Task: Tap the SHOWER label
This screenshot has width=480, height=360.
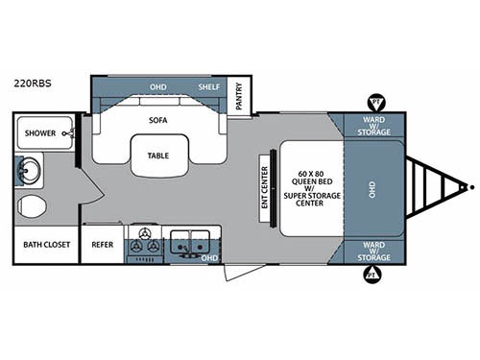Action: [40, 133]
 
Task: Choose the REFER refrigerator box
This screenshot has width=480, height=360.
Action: [102, 244]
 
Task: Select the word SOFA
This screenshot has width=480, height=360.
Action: [158, 122]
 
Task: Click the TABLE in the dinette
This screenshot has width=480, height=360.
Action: [158, 156]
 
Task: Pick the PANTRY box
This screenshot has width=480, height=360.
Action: [239, 97]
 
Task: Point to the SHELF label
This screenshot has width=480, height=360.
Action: [209, 86]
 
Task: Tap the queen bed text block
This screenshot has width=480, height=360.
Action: [308, 188]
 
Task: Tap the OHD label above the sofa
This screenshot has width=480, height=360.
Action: [158, 86]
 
